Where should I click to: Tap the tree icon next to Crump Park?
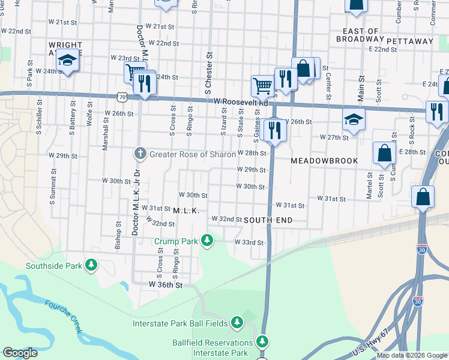click(x=207, y=241)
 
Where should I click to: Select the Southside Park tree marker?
click(x=91, y=265)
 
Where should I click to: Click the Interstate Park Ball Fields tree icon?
click(x=237, y=323)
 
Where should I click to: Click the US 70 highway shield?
click(x=122, y=96)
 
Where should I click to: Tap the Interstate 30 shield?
click(x=421, y=250)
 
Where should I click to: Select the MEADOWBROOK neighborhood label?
click(x=324, y=161)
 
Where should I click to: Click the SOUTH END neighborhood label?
click(x=268, y=220)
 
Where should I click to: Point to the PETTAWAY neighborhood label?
click(x=410, y=41)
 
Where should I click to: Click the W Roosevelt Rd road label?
click(x=240, y=102)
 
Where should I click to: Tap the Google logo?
click(x=20, y=353)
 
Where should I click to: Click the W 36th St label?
click(x=165, y=284)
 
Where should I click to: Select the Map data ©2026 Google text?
click(x=411, y=355)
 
